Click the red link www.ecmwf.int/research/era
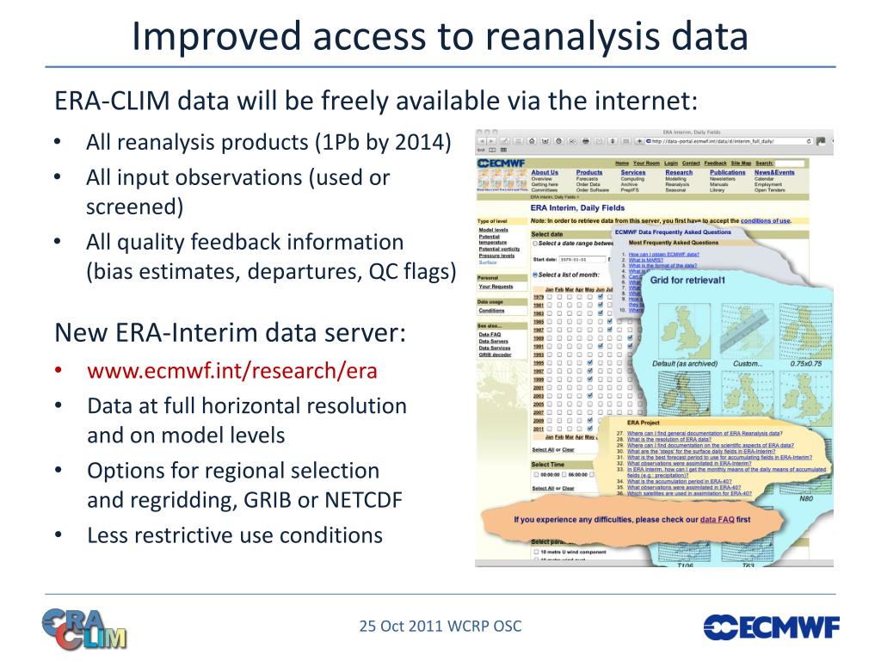(x=231, y=371)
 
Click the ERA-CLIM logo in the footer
(x=83, y=627)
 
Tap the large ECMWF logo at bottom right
(x=771, y=627)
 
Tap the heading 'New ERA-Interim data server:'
(x=230, y=332)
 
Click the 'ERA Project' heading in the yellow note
(x=644, y=423)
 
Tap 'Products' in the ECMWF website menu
(x=589, y=172)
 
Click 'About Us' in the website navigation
(x=545, y=172)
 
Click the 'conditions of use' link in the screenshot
(x=765, y=220)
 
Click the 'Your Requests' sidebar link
(x=496, y=287)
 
